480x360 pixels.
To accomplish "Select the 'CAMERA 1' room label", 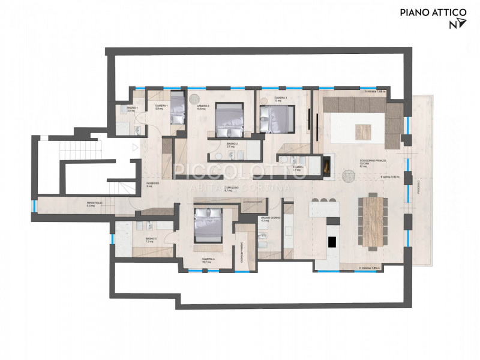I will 159,106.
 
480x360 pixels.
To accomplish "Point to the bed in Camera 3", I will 277,118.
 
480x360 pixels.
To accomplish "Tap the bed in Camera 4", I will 208,225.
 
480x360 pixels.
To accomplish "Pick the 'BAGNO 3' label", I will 151,239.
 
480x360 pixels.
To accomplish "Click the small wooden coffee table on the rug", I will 364,130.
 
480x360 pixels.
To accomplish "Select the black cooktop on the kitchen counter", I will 331,242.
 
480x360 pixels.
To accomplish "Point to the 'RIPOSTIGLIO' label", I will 95,203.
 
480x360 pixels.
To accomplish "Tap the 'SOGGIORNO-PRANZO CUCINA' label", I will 369,162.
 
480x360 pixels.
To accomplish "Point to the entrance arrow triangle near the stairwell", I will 136,146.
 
